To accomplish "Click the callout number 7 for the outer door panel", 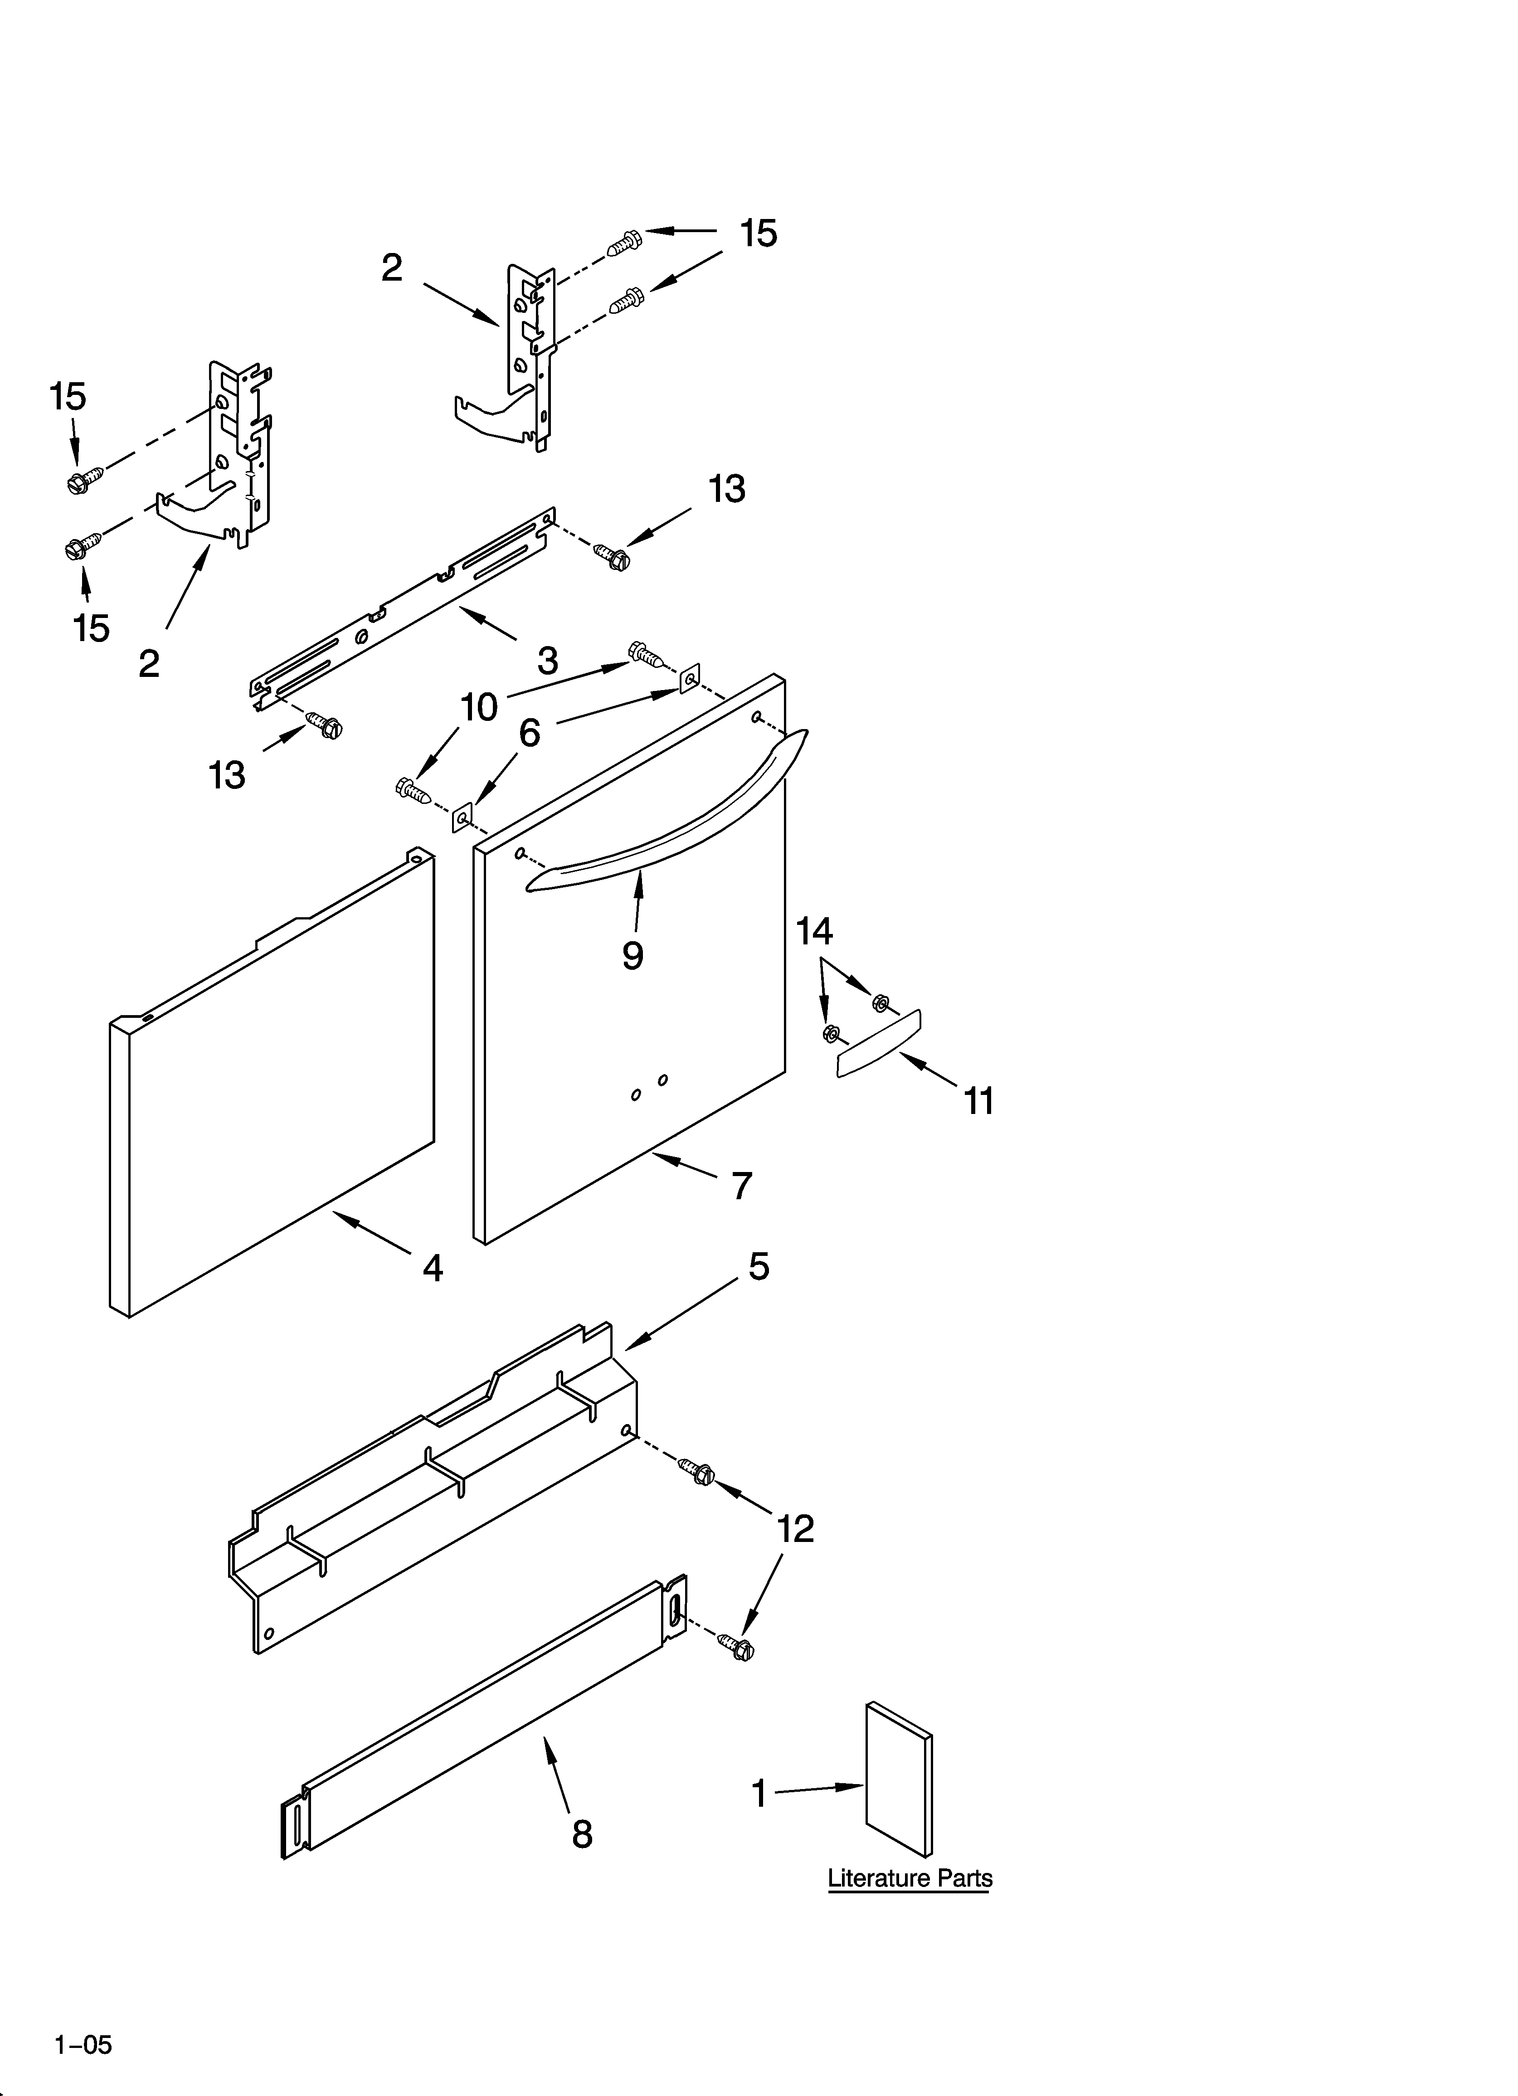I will tap(741, 1186).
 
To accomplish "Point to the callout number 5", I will tap(758, 1266).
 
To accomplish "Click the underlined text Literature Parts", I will tap(910, 1879).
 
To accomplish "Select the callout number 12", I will tap(795, 1529).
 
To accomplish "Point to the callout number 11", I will tap(979, 1102).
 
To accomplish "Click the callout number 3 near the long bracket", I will tap(548, 661).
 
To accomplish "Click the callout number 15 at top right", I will tap(758, 234).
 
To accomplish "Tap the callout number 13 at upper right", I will tap(727, 489).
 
